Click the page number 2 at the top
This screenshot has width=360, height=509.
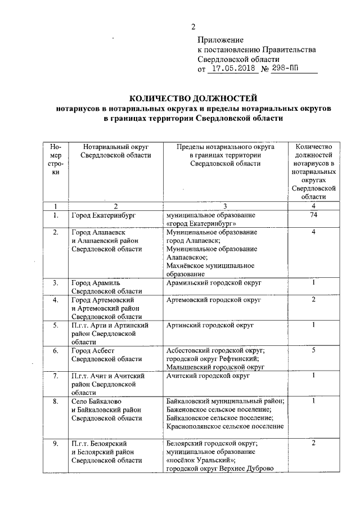point(193,26)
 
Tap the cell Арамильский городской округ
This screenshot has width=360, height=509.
point(214,282)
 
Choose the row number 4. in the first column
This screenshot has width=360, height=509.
point(55,300)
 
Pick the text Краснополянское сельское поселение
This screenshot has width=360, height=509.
point(225,426)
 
